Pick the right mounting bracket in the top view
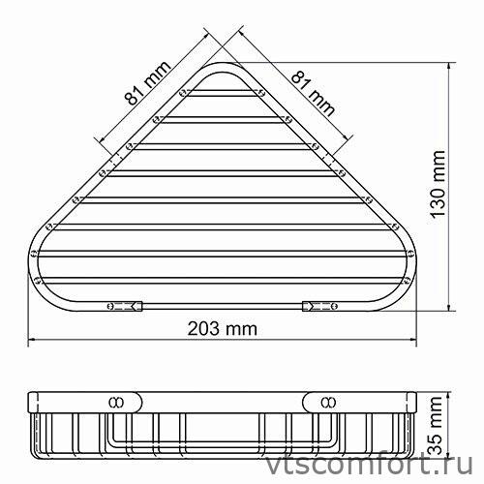pos(320,305)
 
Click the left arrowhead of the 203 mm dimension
pos(29,340)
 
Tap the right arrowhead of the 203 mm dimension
pos(418,340)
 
